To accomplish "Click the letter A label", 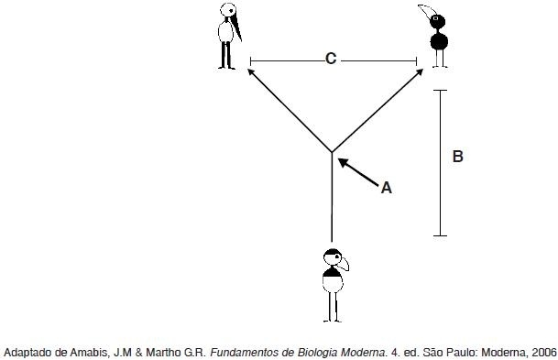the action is click(387, 188).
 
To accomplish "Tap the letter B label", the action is click(457, 157).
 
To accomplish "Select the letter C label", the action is click(331, 59).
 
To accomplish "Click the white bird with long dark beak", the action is click(229, 36).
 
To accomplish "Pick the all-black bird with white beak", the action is click(436, 36).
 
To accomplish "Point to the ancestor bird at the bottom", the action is click(334, 286).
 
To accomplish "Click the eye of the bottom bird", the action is click(336, 257).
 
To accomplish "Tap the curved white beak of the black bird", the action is click(426, 12).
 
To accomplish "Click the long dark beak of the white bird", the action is click(236, 29).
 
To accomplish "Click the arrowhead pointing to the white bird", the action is click(251, 72).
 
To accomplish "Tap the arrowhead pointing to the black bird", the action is click(420, 72).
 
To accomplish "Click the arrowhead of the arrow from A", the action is click(343, 163).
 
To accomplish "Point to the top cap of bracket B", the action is click(440, 91).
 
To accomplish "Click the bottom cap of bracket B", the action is click(440, 235).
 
